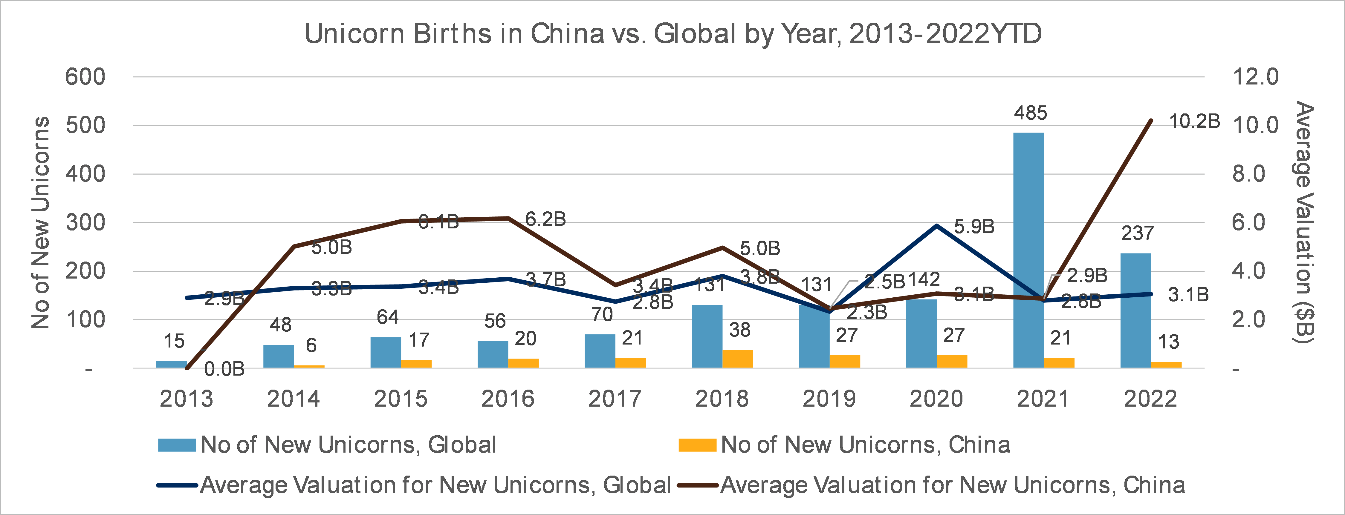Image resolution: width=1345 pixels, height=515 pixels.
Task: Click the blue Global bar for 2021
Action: [1028, 250]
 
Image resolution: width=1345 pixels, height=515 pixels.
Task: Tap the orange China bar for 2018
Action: [738, 359]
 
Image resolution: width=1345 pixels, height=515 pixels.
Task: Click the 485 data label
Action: [1031, 113]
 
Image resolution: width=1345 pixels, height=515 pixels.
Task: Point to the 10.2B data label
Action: [1194, 122]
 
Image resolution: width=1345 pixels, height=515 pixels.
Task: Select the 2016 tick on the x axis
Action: [508, 399]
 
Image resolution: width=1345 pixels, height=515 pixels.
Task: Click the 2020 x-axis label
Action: [936, 399]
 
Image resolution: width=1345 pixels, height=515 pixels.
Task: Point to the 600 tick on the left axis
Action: [85, 77]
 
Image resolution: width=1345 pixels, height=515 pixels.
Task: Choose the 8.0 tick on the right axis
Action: [1249, 174]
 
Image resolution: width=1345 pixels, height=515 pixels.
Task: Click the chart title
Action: [672, 34]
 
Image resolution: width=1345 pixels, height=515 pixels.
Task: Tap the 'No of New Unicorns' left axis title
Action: [41, 222]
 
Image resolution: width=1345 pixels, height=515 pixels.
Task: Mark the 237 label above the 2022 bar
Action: [1137, 233]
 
